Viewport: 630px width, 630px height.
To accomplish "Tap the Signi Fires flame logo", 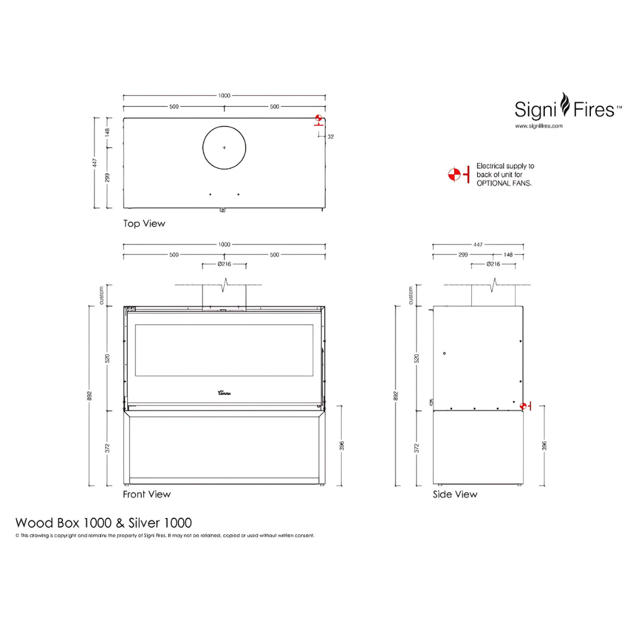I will [x=563, y=105].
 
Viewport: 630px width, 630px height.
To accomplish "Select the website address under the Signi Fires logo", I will [x=538, y=125].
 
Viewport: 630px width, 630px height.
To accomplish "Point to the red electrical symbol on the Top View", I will [x=318, y=121].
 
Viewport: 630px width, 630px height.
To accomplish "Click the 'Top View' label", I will [x=144, y=223].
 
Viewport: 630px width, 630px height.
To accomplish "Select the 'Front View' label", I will [x=146, y=494].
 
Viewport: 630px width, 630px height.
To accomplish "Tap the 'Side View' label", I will [x=454, y=494].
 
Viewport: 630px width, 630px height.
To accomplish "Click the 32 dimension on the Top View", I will [x=330, y=136].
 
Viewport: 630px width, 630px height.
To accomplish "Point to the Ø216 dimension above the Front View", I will [x=224, y=264].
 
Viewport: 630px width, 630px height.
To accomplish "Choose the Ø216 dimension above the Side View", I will [x=493, y=264].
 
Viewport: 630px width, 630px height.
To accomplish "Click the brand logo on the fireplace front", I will [x=225, y=394].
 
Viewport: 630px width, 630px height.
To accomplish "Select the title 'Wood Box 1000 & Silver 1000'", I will [x=103, y=521].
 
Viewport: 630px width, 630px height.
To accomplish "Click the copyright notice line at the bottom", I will [x=164, y=535].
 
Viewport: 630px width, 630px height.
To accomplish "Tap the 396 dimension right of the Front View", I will [x=342, y=446].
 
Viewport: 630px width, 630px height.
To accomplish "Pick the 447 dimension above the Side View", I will [x=478, y=244].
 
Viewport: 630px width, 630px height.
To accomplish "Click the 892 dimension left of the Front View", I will [x=89, y=395].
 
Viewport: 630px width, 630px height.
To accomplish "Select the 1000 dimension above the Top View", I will [x=225, y=96].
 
